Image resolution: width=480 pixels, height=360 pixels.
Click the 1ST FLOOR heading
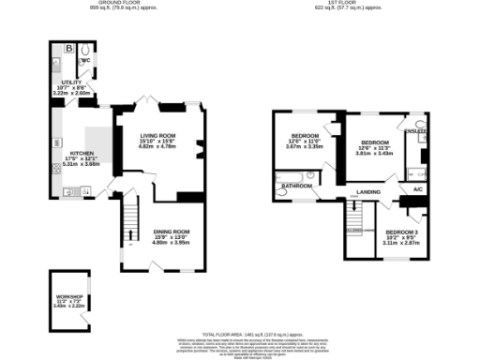[349, 4]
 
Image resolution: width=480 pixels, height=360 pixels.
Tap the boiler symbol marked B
[70, 49]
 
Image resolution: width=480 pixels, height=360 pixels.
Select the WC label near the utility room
[84, 60]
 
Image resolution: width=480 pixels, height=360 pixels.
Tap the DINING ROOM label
[171, 232]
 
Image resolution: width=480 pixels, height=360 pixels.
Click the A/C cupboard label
[417, 190]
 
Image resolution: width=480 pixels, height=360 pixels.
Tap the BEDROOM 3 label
[402, 232]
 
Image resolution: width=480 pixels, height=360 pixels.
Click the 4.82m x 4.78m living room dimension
[157, 146]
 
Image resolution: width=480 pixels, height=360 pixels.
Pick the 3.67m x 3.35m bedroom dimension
[304, 147]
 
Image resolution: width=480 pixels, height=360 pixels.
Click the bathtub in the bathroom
[292, 176]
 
